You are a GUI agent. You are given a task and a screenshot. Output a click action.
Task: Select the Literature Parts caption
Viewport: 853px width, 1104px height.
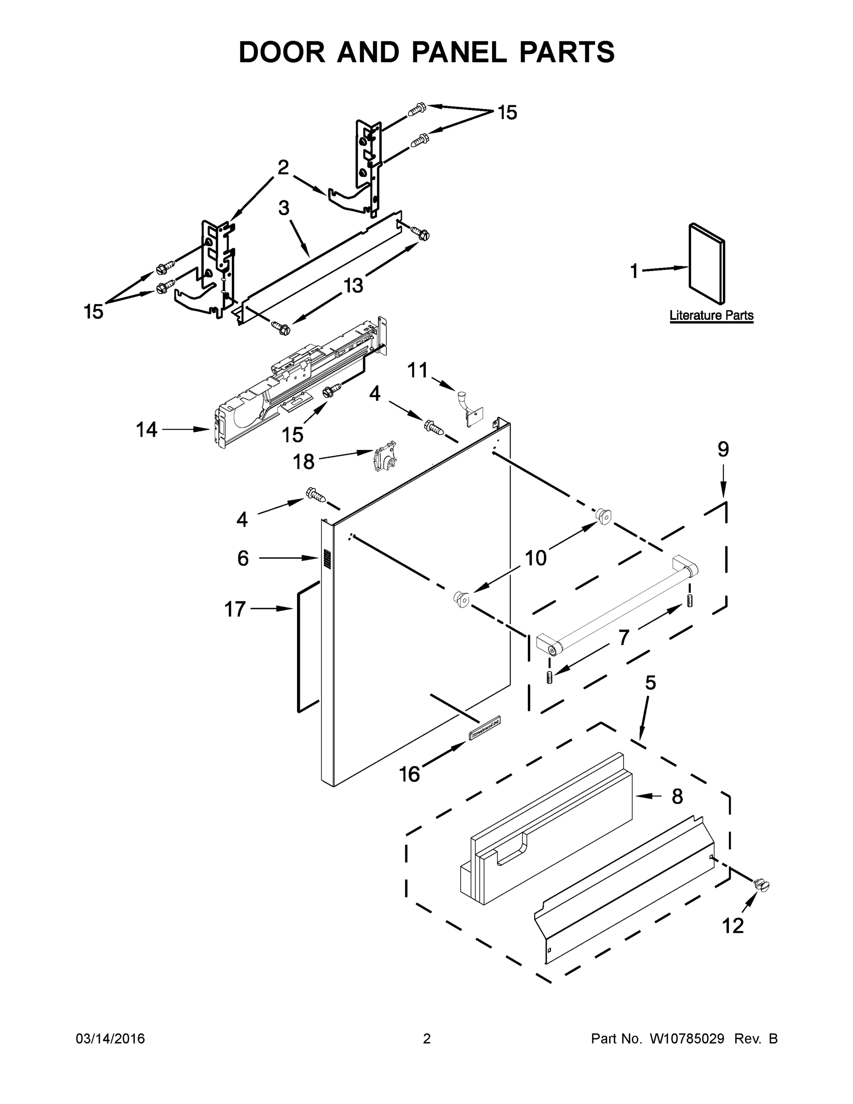[711, 316]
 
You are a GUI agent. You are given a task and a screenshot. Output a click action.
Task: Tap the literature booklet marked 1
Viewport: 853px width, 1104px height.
[707, 265]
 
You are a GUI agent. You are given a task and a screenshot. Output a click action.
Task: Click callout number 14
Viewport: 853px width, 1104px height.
[147, 430]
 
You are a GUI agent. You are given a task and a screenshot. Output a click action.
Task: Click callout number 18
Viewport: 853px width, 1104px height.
[303, 461]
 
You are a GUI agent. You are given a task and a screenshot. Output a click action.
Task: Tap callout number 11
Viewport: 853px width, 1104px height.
[418, 370]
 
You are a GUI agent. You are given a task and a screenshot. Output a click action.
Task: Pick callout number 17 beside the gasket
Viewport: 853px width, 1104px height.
[235, 609]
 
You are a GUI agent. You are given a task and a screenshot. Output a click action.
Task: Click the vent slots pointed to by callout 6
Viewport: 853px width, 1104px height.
[326, 558]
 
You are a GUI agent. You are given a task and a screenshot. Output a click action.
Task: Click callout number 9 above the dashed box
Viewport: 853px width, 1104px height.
[723, 449]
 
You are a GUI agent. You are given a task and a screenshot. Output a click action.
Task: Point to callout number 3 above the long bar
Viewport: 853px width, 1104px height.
[284, 207]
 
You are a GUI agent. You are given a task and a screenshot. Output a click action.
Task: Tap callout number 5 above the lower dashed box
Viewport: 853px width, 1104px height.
[650, 683]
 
